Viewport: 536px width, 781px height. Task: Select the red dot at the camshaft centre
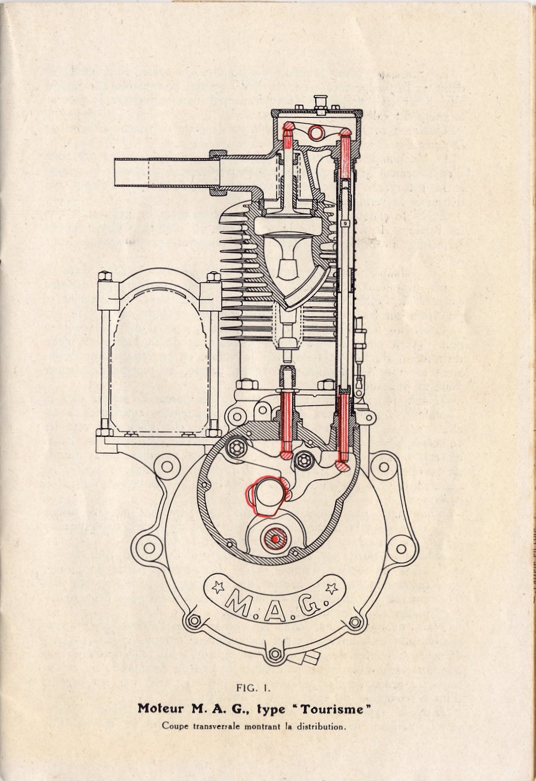pyautogui.click(x=275, y=539)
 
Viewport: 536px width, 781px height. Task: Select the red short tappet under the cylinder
pyautogui.click(x=286, y=423)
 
